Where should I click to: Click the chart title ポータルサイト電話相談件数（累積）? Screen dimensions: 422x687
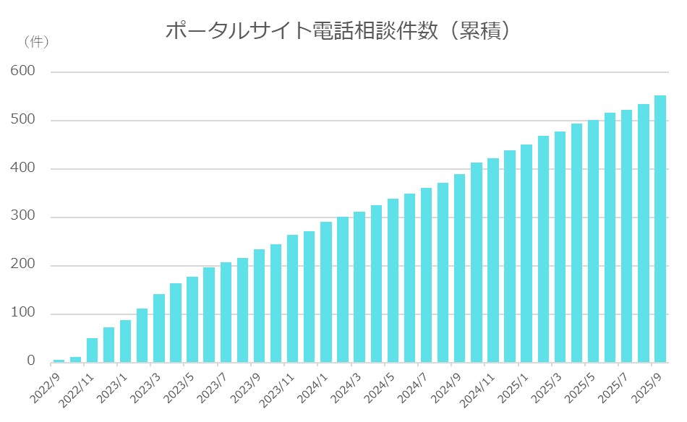tap(339, 31)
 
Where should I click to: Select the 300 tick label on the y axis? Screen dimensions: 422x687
tap(23, 217)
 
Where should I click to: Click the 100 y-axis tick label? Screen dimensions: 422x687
tap(23, 314)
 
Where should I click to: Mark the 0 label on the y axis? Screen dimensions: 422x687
tap(30, 361)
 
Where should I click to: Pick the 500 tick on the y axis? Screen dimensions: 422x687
tap(23, 120)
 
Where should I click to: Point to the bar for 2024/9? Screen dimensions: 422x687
tap(459, 267)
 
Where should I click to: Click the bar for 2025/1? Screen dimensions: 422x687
tap(526, 253)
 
